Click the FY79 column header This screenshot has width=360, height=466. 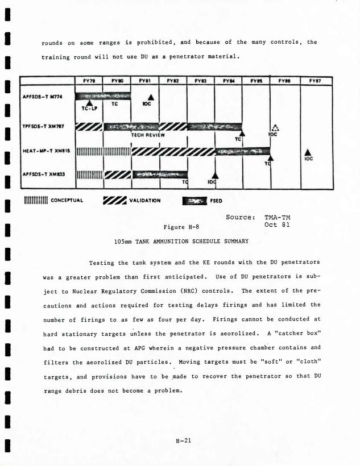pyautogui.click(x=89, y=81)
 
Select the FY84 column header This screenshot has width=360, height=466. pyautogui.click(x=229, y=81)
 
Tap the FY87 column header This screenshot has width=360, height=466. pyautogui.click(x=316, y=81)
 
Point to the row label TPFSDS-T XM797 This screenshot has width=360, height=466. pyautogui.click(x=43, y=125)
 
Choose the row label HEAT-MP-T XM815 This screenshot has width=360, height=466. pyautogui.click(x=43, y=151)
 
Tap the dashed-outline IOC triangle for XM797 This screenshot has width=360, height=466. pyautogui.click(x=274, y=128)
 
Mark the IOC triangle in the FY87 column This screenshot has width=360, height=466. pyautogui.click(x=307, y=152)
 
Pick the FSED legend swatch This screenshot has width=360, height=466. pyautogui.click(x=195, y=200)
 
